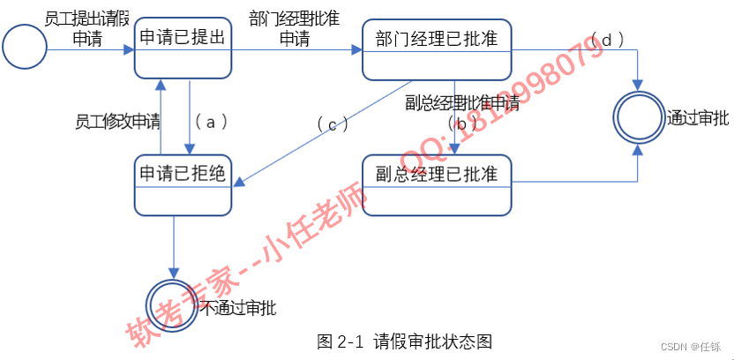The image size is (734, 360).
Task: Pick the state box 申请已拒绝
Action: [183, 184]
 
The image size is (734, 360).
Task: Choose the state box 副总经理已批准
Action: [437, 184]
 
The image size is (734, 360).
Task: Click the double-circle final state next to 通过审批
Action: [638, 116]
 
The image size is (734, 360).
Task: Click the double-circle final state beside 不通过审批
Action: [174, 305]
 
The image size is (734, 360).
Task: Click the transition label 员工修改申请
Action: [117, 122]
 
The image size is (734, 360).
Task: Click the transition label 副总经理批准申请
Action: [461, 103]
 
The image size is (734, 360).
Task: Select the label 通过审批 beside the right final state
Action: [698, 116]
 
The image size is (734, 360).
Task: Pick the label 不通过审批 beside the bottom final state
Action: [237, 308]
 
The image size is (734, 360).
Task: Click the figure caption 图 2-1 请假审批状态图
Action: [404, 341]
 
